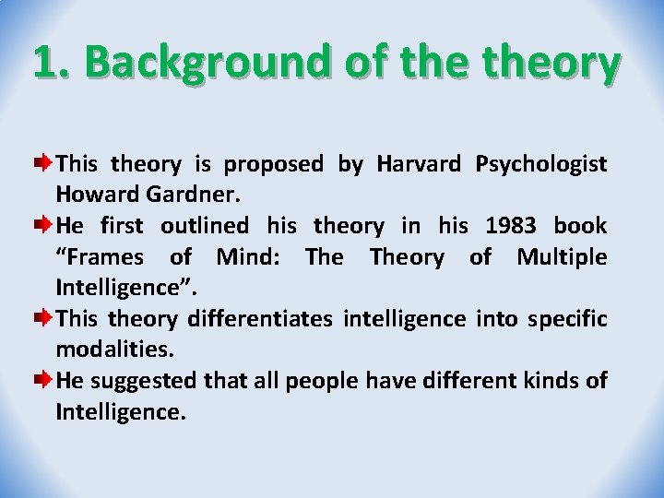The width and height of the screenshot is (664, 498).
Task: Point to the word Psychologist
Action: click(x=540, y=164)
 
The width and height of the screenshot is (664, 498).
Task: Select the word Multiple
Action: click(x=561, y=255)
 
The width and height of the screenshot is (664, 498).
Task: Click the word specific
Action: click(x=565, y=319)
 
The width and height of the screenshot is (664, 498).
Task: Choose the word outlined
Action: click(x=204, y=225)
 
